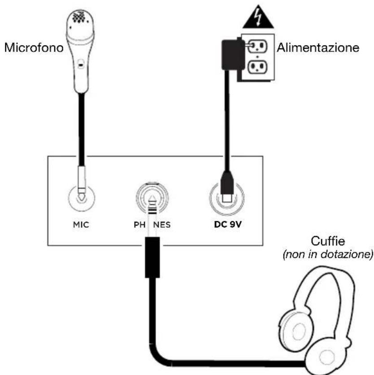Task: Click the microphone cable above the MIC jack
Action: coord(81,134)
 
